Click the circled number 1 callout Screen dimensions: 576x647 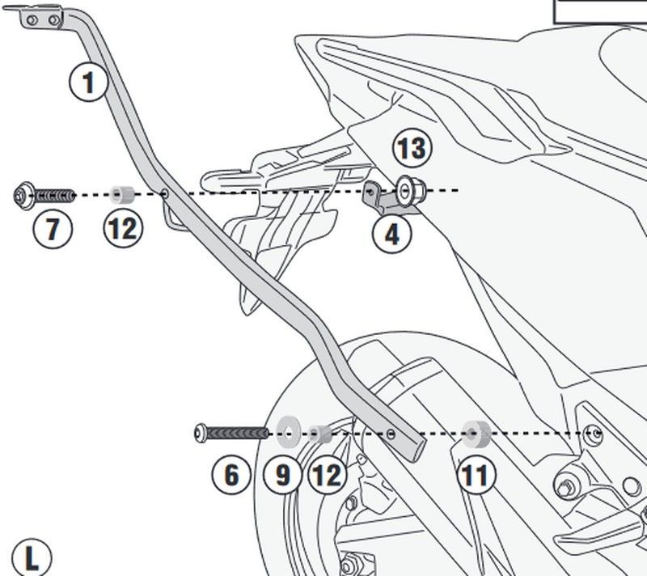pyautogui.click(x=88, y=82)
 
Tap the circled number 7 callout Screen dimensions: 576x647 pyautogui.click(x=53, y=229)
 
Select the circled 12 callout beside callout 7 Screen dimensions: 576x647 pyautogui.click(x=123, y=229)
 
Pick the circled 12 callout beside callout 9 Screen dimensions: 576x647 pyautogui.click(x=326, y=475)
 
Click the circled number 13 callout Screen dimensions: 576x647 pyautogui.click(x=412, y=149)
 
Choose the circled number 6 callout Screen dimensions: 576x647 pyautogui.click(x=232, y=475)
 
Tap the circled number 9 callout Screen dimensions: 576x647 pyautogui.click(x=282, y=475)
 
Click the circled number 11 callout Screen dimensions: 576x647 pyautogui.click(x=475, y=475)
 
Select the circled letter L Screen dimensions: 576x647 pyautogui.click(x=32, y=557)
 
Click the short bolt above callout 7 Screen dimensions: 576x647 pyautogui.click(x=44, y=194)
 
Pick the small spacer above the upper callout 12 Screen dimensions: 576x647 pyautogui.click(x=123, y=194)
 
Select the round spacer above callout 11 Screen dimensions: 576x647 pyautogui.click(x=474, y=433)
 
